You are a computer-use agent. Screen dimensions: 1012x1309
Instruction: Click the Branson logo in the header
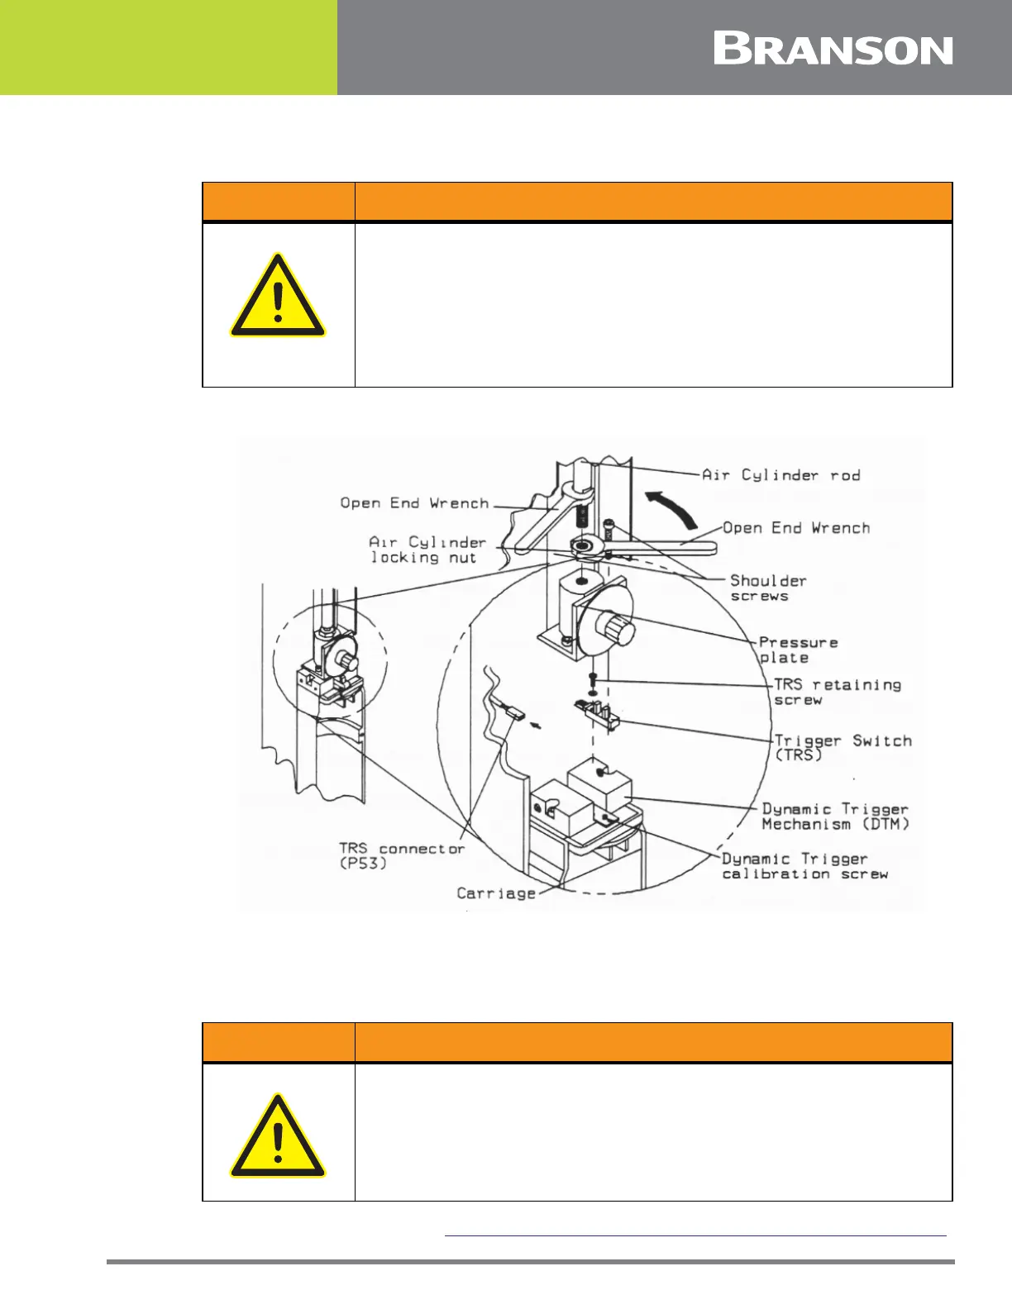833,50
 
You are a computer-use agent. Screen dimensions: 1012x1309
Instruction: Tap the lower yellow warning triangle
278,1137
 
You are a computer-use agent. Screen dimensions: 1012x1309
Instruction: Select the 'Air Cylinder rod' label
780,475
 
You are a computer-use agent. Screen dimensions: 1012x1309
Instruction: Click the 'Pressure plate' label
798,650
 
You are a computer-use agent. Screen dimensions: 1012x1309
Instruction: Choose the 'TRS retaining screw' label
837,692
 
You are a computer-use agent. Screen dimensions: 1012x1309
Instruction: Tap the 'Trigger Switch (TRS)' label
843,747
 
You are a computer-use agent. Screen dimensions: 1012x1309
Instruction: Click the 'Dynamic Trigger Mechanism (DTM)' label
835,816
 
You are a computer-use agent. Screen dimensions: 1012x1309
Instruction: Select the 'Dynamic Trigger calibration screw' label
805,866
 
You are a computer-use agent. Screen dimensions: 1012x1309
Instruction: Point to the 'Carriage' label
496,893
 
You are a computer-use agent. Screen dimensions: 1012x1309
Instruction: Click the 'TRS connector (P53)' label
401,855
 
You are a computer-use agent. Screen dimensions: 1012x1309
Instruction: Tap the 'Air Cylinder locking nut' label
427,550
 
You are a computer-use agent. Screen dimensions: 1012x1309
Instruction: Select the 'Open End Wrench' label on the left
414,502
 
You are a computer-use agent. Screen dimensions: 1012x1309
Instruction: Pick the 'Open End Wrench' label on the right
796,528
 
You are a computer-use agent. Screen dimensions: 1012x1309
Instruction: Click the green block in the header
169,47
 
